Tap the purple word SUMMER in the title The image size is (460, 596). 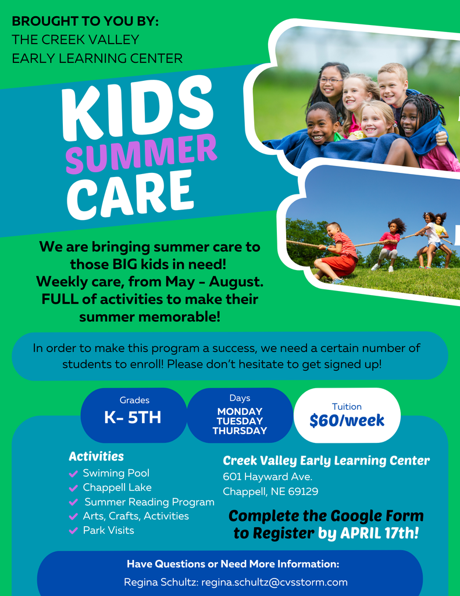coord(141,153)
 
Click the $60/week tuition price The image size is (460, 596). coord(347,420)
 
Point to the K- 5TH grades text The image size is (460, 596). coord(133,418)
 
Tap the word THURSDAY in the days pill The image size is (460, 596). coord(240,431)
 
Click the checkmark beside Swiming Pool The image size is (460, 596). coord(73,474)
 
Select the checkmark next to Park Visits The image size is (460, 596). coord(73,531)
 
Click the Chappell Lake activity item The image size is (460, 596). coord(117,488)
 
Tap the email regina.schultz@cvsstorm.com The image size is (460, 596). coord(274,582)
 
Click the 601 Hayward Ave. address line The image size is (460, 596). coord(268,477)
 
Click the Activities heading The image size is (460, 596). coord(96,456)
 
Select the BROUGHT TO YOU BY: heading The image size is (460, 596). coord(85,22)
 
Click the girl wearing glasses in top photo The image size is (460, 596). coord(330,85)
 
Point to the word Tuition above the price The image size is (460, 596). coord(347,407)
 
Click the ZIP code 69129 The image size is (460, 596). coord(302,492)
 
